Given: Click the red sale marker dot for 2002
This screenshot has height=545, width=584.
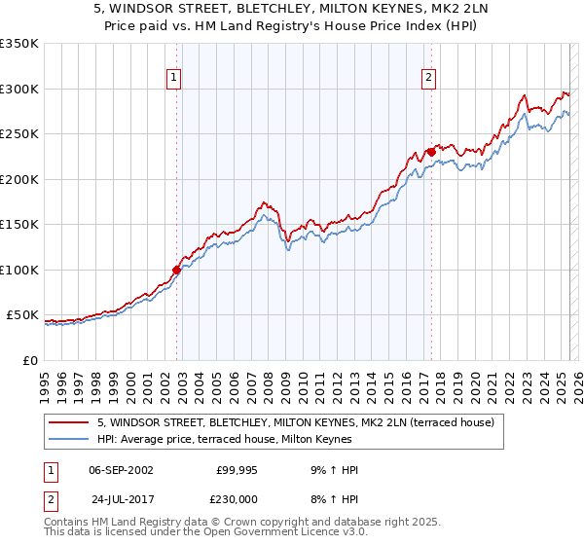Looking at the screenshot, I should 177,270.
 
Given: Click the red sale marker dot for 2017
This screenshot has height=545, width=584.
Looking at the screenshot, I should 430,152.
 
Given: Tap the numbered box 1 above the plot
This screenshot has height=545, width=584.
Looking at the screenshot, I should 173,79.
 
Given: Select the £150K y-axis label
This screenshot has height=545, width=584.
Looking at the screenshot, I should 19,225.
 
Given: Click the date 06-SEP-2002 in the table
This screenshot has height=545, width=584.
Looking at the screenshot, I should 121,470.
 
